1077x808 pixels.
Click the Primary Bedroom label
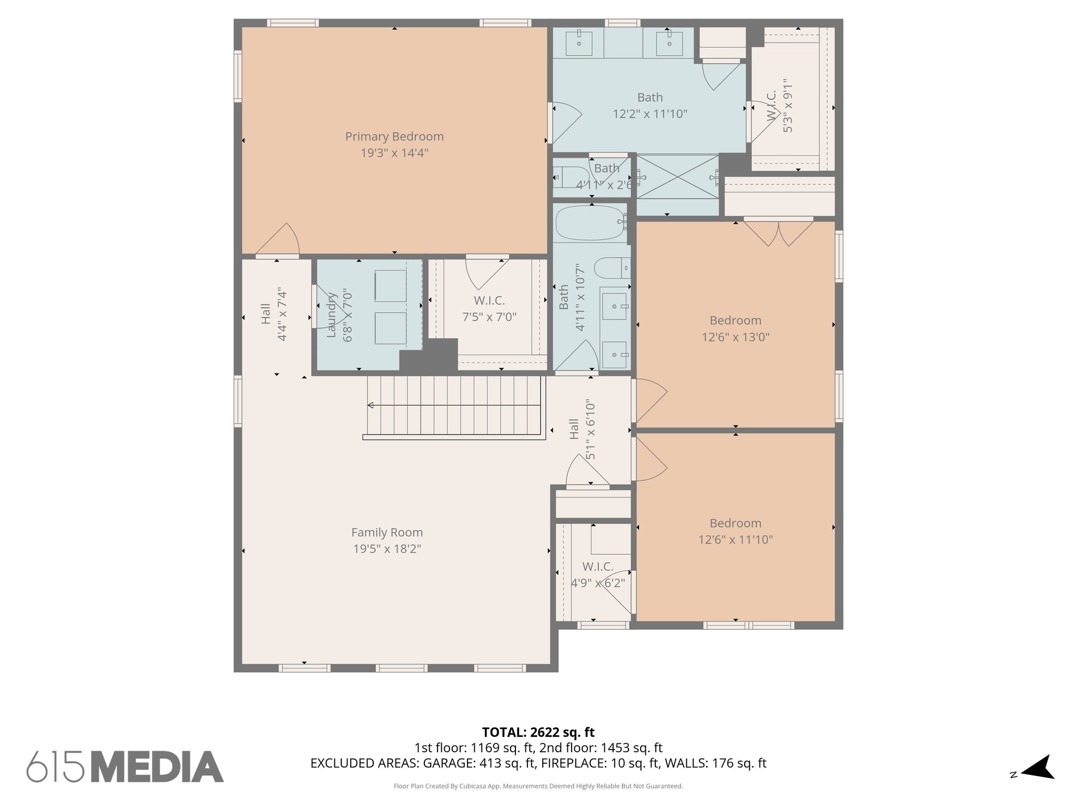coord(394,137)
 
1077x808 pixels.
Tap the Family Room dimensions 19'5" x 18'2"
coord(387,549)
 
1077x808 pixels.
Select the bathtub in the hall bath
coord(590,223)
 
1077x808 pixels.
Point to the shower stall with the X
coord(677,177)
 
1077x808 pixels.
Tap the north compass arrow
coord(1038,767)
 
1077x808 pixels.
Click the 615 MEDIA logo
coord(125,766)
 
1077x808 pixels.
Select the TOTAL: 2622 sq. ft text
coord(538,732)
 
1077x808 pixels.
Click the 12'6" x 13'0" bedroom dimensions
coord(735,337)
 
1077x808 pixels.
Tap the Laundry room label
coord(331,316)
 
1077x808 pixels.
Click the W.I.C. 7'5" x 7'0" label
coord(489,309)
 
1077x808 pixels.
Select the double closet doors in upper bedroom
coord(778,233)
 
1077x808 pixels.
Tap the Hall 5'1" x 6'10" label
coord(582,429)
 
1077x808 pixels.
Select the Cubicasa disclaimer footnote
coord(538,786)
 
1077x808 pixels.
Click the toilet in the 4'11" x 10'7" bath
coord(612,268)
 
